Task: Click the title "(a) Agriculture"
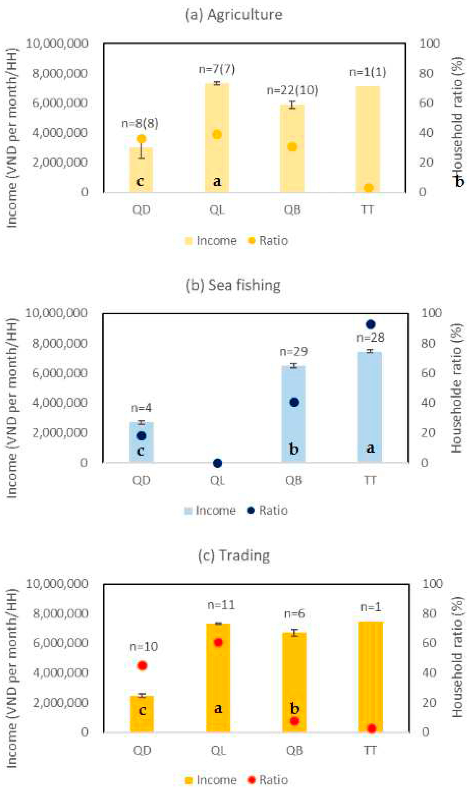pyautogui.click(x=234, y=15)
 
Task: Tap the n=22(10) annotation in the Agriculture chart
pyautogui.click(x=292, y=90)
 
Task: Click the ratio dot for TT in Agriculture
pyautogui.click(x=368, y=188)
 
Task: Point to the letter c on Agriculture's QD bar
pyautogui.click(x=140, y=181)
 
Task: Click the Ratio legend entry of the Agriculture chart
pyautogui.click(x=268, y=241)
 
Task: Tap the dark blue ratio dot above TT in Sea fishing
pyautogui.click(x=370, y=324)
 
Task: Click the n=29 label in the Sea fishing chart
pyautogui.click(x=294, y=351)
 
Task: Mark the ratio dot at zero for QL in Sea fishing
pyautogui.click(x=217, y=463)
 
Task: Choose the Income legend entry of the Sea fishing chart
pyautogui.click(x=210, y=510)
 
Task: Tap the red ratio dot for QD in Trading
pyautogui.click(x=142, y=666)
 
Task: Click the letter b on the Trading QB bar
pyautogui.click(x=295, y=709)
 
